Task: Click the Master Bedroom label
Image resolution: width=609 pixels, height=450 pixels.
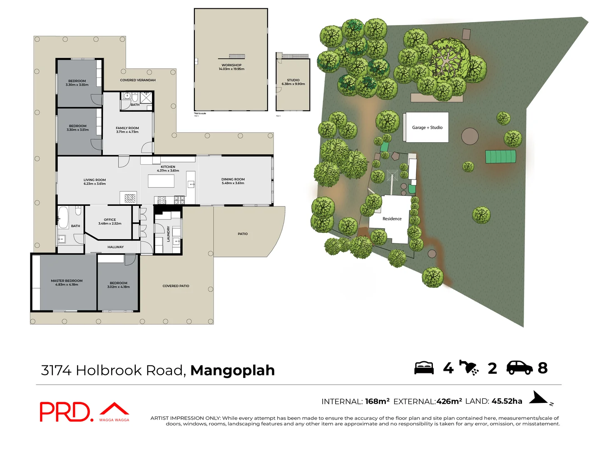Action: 67,281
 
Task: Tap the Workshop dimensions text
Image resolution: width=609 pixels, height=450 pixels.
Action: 231,69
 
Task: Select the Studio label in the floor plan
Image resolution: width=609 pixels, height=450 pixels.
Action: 293,80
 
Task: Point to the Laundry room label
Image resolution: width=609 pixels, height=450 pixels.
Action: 169,234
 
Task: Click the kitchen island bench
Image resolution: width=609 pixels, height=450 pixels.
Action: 161,181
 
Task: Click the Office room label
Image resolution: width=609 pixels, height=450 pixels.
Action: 110,220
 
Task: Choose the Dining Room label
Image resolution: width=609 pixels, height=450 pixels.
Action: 233,179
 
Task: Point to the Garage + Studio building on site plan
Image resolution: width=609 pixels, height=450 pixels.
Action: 427,127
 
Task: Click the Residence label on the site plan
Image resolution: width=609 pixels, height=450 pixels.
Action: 392,219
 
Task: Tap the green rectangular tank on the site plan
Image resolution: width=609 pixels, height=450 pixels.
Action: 500,157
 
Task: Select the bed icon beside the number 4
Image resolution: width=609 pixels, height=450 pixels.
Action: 424,368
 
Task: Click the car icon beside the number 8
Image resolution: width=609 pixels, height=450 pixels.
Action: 519,367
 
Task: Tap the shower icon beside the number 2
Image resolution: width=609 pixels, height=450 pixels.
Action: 469,367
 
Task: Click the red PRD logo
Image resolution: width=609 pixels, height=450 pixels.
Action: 65,412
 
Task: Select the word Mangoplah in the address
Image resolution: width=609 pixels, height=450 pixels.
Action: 232,370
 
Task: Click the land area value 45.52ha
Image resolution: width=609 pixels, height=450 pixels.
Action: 507,401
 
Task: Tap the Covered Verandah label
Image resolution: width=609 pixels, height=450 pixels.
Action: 138,80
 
